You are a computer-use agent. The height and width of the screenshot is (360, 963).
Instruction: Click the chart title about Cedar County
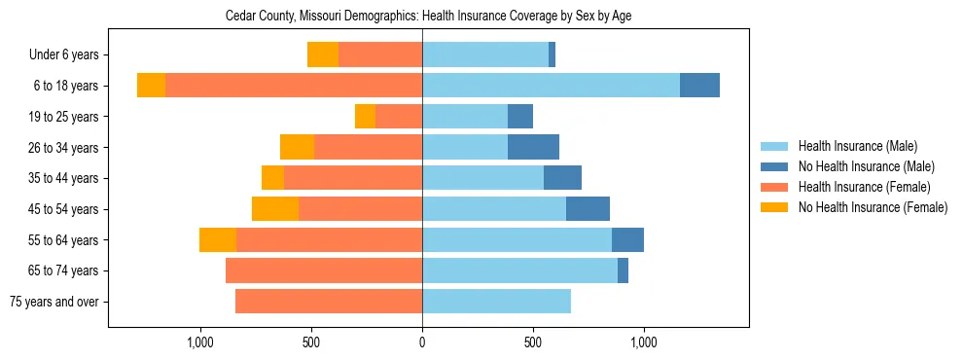click(x=428, y=17)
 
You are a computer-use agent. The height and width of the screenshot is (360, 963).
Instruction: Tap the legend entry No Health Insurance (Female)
click(x=872, y=207)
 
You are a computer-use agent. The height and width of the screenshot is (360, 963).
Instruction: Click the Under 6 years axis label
click(x=63, y=55)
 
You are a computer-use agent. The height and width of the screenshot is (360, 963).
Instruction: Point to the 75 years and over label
click(x=53, y=302)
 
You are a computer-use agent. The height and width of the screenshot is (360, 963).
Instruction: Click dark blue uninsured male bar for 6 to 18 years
click(x=699, y=86)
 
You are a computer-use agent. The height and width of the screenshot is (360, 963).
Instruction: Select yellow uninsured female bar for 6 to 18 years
click(x=151, y=86)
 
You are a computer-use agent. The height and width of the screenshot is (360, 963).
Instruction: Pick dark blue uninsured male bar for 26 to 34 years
click(x=533, y=147)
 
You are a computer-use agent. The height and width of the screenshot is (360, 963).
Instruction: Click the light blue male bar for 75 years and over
click(x=496, y=302)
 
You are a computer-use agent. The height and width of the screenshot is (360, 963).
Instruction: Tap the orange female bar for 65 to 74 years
click(x=324, y=270)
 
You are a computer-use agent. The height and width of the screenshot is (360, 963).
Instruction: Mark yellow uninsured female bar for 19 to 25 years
click(x=365, y=117)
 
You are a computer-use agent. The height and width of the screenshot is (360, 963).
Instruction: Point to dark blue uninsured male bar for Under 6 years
click(x=552, y=54)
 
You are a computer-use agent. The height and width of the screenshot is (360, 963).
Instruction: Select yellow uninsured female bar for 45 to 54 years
click(x=275, y=209)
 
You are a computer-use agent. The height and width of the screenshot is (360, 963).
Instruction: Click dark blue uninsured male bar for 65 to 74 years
click(x=623, y=270)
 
